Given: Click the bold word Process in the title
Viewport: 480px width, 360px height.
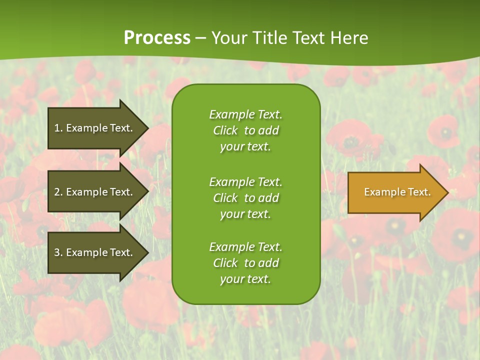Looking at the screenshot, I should pos(157,38).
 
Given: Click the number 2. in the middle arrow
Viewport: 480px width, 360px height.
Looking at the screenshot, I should pos(58,192).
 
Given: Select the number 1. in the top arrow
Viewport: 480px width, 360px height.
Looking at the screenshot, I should pos(58,128).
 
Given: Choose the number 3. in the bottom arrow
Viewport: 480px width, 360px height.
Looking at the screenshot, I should pos(58,252).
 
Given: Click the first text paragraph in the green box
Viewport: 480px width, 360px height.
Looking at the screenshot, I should pos(245,130).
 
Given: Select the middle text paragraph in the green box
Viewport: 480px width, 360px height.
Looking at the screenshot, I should pos(245,198).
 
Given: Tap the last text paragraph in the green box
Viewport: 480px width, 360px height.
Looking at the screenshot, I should pos(245,263).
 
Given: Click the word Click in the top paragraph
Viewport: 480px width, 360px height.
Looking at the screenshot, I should pos(225,130).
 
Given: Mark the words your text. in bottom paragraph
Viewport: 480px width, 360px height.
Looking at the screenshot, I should pos(245,279).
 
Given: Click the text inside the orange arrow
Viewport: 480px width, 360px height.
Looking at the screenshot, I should pos(397,192).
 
